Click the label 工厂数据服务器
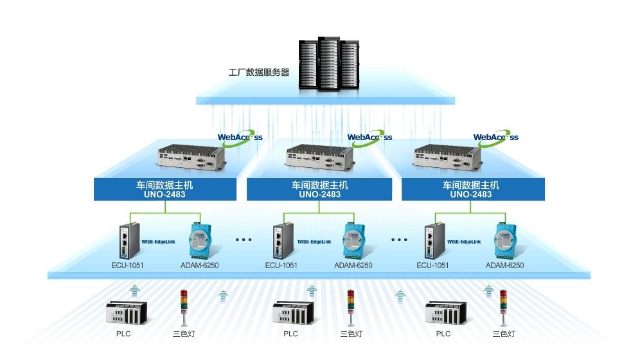tap(259, 73)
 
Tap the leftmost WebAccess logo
tap(240, 138)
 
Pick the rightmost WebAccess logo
tap(495, 138)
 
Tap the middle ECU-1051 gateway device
tap(281, 240)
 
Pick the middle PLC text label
tap(290, 334)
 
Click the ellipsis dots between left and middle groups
tap(244, 240)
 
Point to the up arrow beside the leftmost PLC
tap(134, 291)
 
